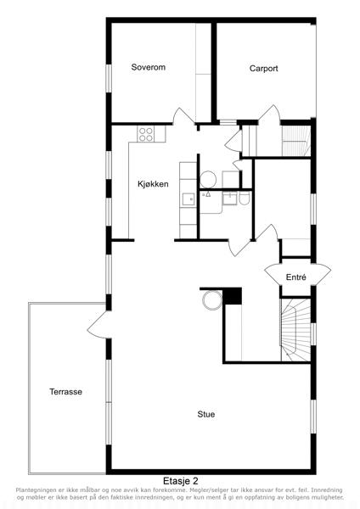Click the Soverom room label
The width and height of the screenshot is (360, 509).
click(x=148, y=67)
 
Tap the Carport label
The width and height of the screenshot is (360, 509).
click(x=263, y=69)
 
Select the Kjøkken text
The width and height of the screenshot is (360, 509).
click(x=153, y=184)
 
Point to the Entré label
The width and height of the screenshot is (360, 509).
click(x=296, y=277)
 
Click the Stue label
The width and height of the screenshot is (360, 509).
click(x=206, y=414)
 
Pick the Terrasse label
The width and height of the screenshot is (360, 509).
click(x=65, y=391)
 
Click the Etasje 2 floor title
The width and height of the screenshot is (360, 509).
click(x=181, y=480)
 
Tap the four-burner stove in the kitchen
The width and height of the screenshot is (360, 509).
click(x=145, y=134)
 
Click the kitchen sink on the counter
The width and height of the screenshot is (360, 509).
click(x=188, y=199)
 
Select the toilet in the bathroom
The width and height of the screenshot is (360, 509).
click(x=244, y=198)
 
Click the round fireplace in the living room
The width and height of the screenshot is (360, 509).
click(x=212, y=300)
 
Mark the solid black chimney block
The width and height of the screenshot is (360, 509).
click(x=233, y=296)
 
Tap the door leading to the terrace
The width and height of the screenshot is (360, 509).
click(x=98, y=325)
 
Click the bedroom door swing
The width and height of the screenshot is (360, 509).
click(x=183, y=116)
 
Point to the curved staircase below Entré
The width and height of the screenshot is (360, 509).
click(x=295, y=330)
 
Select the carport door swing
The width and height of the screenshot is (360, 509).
click(x=270, y=115)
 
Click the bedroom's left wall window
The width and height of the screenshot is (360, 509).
click(x=109, y=78)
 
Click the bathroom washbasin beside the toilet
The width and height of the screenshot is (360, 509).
click(x=230, y=198)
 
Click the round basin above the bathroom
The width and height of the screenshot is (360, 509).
click(x=208, y=180)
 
